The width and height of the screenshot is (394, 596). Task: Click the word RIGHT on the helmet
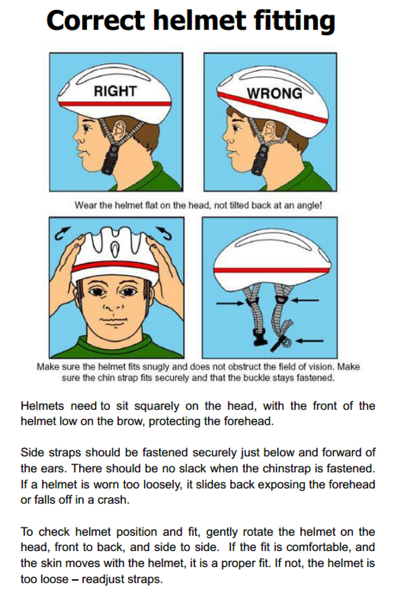point(115,91)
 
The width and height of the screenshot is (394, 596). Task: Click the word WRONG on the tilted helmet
point(274,93)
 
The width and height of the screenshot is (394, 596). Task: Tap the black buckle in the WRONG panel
point(259,161)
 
